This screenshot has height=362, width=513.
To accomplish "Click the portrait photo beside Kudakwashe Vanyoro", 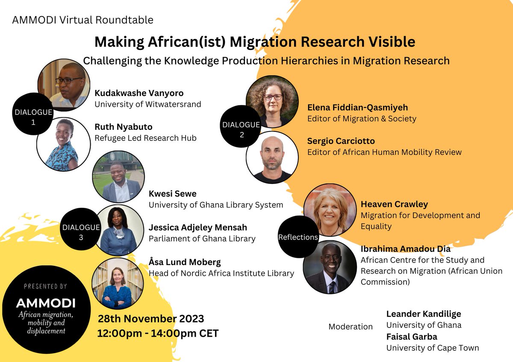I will point(65,83).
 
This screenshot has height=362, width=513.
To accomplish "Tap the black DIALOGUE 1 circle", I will point(33,116).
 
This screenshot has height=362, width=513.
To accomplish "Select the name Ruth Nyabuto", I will point(123,127).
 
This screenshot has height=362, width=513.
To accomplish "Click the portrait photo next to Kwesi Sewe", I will point(118,177).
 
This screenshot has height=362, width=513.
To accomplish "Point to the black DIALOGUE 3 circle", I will point(81,231).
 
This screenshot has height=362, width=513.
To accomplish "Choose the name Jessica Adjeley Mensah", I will point(198,228).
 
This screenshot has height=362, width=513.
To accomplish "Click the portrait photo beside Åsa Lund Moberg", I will point(118,283).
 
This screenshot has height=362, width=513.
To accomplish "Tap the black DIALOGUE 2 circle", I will point(241,128).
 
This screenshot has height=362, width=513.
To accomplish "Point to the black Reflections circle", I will point(298,237).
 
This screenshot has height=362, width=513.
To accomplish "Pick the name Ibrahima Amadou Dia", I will point(406,249).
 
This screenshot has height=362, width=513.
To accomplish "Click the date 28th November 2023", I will point(151,318).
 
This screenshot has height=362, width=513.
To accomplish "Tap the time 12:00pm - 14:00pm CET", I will point(158,333).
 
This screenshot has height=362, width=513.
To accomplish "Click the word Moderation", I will point(351,327).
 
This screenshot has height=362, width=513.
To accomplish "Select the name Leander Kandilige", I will point(424,314).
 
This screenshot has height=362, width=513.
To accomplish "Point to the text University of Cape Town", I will point(433,348).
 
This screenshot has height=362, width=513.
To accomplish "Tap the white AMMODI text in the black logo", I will point(46,303).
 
